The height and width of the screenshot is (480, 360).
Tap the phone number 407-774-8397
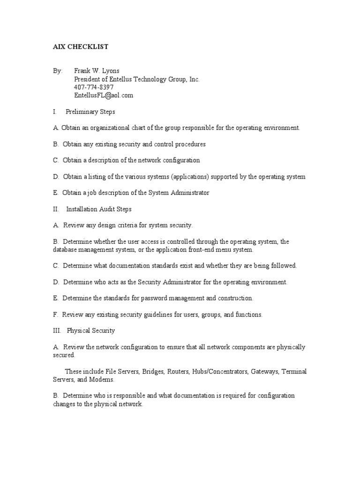[x=94, y=87]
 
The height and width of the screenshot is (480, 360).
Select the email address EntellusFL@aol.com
[x=104, y=95]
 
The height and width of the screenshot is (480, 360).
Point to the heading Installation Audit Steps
[x=99, y=209]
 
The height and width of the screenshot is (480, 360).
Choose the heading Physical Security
[x=91, y=330]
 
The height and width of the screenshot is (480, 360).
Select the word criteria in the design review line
[x=124, y=225]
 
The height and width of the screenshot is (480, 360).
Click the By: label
[x=58, y=71]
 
